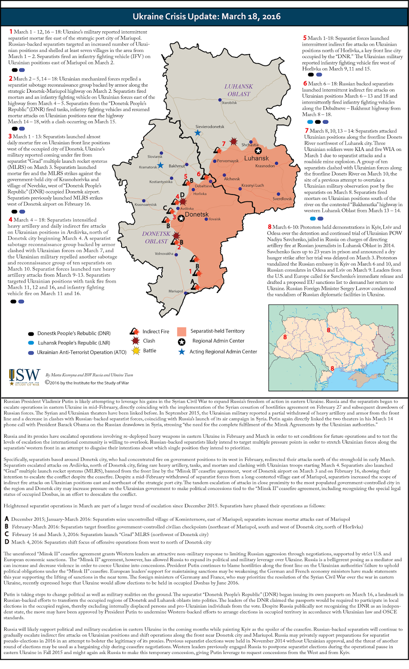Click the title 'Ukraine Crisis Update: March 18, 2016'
pyautogui.click(x=206, y=17)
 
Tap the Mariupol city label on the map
pyautogui.click(x=175, y=291)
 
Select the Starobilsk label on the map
pyautogui.click(x=229, y=103)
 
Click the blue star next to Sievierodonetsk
pyautogui.click(x=198, y=133)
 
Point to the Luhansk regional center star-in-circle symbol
pyautogui.click(x=258, y=151)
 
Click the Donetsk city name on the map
pyautogui.click(x=196, y=214)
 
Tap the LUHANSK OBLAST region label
pyautogui.click(x=239, y=90)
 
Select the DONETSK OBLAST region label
pyautogui.click(x=156, y=237)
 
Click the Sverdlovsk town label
pyautogui.click(x=282, y=199)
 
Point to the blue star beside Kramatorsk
pyautogui.click(x=160, y=166)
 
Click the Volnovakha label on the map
pyautogui.click(x=164, y=254)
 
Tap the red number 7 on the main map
pyautogui.click(x=224, y=144)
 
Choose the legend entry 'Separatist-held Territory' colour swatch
pyautogui.click(x=181, y=332)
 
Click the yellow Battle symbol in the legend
pyautogui.click(x=136, y=351)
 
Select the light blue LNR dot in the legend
pyautogui.click(x=31, y=343)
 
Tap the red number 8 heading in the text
pyautogui.click(x=270, y=227)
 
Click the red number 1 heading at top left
pyautogui.click(x=11, y=32)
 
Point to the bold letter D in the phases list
pyautogui.click(x=7, y=542)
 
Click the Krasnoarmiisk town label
pyautogui.click(x=145, y=205)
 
